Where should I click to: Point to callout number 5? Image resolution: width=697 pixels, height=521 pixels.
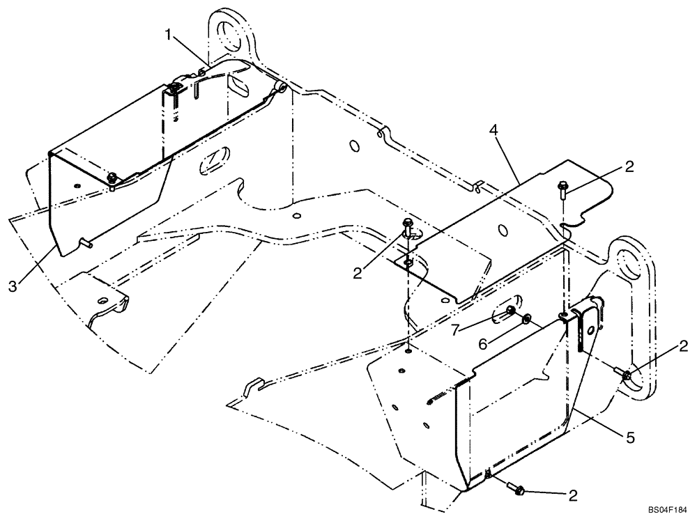click(629, 438)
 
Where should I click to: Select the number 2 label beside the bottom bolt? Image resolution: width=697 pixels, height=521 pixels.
click(572, 495)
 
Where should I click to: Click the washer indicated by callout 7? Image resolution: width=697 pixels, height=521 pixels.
click(511, 311)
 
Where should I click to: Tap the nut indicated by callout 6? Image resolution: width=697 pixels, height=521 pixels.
click(526, 319)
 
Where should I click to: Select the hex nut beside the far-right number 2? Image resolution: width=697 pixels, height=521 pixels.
click(626, 377)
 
